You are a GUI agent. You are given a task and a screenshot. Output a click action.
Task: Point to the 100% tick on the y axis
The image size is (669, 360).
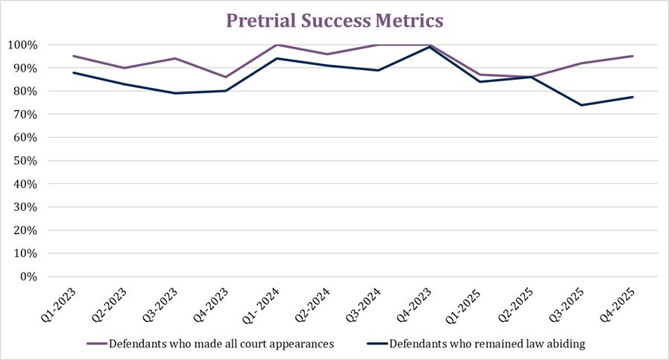pos(33,45)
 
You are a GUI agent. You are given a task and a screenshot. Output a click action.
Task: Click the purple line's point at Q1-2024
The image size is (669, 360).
pos(277,45)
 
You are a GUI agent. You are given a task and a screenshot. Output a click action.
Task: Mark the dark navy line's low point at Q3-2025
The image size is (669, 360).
pos(582,105)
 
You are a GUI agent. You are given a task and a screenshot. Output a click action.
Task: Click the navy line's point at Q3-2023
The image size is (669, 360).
pos(175,93)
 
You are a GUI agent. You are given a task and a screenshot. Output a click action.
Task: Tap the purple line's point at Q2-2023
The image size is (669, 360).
pos(124,68)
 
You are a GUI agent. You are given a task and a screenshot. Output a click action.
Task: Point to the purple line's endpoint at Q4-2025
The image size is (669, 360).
pos(632,56)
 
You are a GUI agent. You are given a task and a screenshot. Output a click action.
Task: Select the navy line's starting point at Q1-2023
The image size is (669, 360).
pos(73,72)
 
